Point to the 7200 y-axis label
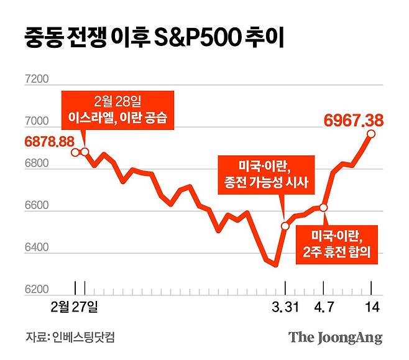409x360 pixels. (x=37, y=80)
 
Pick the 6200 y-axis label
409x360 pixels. (x=37, y=290)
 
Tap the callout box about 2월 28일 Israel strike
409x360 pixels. (x=118, y=110)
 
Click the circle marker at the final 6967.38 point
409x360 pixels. (x=371, y=134)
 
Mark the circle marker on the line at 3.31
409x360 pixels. (x=285, y=226)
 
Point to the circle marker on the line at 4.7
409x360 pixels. (x=323, y=208)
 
